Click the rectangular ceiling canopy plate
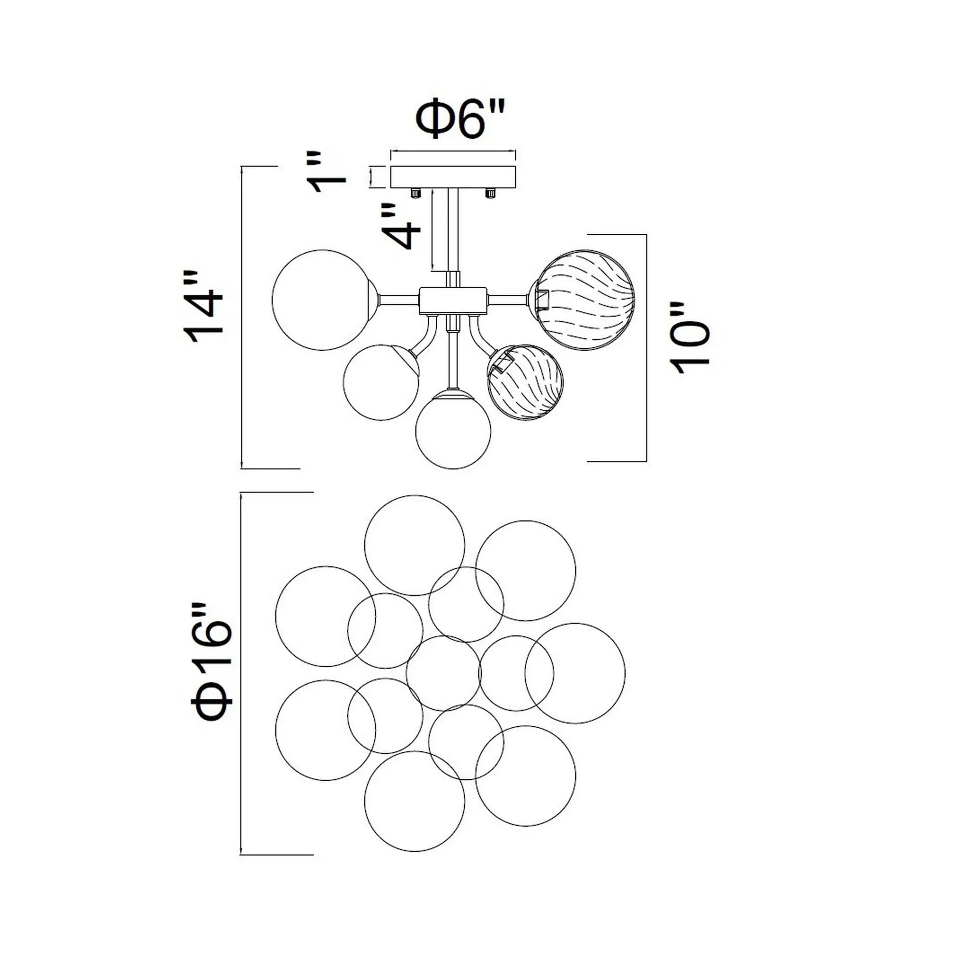click(x=454, y=177)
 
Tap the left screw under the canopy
click(x=414, y=193)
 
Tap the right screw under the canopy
click(x=491, y=193)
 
